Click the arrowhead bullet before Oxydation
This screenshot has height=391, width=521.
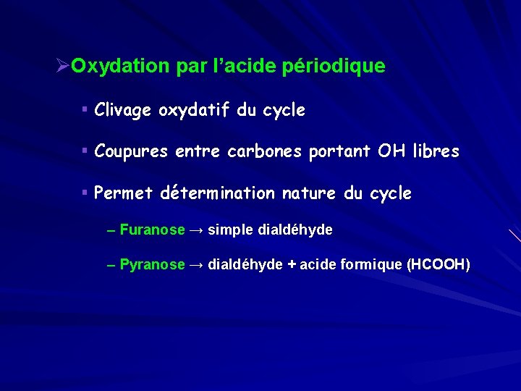click(x=62, y=67)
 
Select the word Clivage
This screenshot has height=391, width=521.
click(x=123, y=111)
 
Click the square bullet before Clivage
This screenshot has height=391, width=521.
click(x=85, y=109)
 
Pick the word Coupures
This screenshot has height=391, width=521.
click(x=129, y=152)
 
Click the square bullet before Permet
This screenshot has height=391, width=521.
click(x=85, y=193)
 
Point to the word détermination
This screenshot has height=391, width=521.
click(x=217, y=194)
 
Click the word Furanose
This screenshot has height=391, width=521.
click(x=153, y=230)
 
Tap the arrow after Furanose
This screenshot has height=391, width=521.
click(x=196, y=230)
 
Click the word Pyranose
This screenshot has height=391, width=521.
click(x=153, y=265)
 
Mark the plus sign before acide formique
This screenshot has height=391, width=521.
click(x=292, y=265)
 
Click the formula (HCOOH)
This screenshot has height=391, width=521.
click(x=439, y=265)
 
